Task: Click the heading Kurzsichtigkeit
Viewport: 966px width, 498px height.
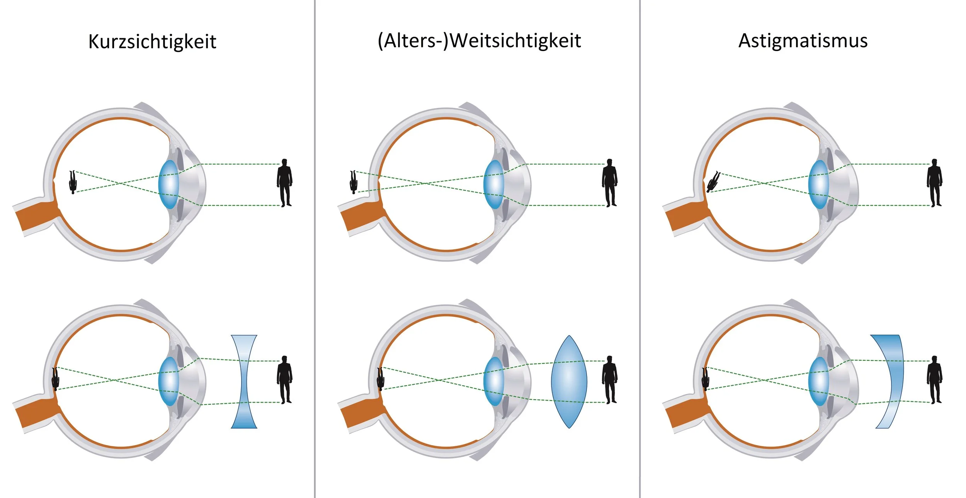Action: pos(152,41)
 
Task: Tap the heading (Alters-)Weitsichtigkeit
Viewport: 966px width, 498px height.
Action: pos(479,41)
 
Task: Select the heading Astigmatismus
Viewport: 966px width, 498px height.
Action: pos(803,41)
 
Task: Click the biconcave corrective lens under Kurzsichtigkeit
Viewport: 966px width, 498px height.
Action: pos(244,382)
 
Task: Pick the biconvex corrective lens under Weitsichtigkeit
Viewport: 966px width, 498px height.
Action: pos(569,382)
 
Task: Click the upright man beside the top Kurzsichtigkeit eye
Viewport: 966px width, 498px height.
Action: pos(284,182)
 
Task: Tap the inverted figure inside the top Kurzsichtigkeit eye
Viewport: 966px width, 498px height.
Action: pos(73,182)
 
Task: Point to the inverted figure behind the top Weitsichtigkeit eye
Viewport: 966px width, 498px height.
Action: pos(353,182)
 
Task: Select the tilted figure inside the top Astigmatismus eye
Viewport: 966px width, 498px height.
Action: pos(713,182)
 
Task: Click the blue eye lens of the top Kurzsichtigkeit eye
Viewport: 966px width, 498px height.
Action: pos(168,185)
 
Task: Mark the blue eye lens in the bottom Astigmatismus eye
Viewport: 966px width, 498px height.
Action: pos(818,382)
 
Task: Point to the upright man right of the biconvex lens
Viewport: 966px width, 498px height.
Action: pos(609,379)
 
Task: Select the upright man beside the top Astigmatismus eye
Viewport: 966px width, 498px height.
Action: pos(934,182)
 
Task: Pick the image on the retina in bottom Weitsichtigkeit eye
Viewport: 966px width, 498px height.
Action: pos(381,379)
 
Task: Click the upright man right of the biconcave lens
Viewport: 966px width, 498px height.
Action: pos(284,379)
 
